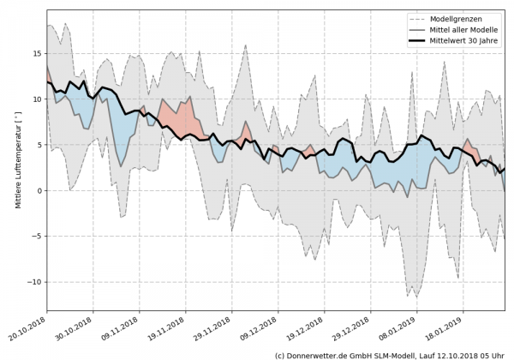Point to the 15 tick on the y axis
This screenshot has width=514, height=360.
36,53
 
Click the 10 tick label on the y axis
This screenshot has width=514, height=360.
36,99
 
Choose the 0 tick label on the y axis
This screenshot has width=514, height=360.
39,190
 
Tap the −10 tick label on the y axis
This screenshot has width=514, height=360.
34,282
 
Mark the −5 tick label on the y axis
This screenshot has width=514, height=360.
36,236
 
